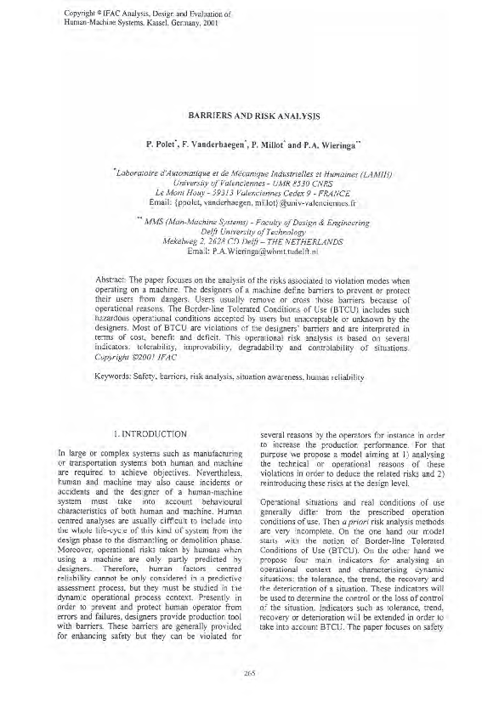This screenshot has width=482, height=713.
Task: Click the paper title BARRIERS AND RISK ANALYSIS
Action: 241,112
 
